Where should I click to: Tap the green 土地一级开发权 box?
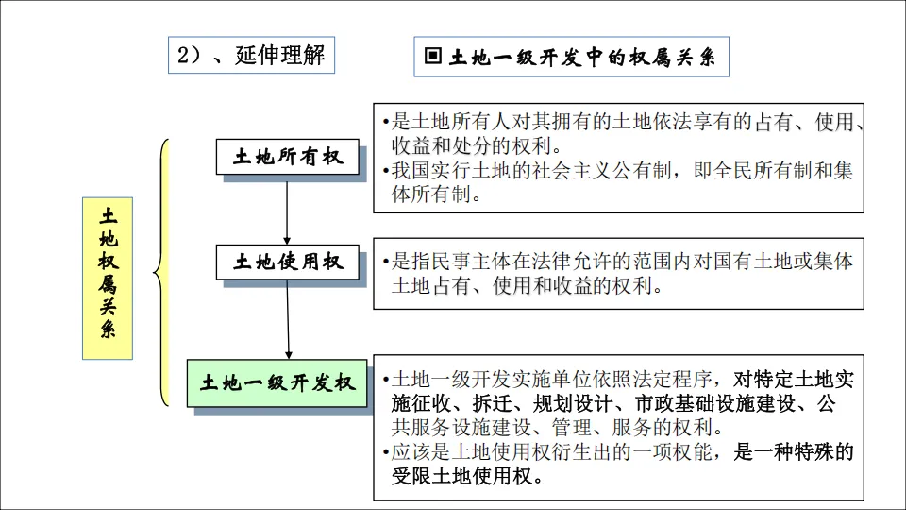pos(277,382)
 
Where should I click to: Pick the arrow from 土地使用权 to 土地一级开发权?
pos(287,317)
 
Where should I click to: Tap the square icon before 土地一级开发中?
pos(433,57)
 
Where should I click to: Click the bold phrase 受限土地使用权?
pos(461,475)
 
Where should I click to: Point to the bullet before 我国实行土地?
pos(387,172)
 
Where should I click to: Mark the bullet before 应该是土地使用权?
pos(387,451)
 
